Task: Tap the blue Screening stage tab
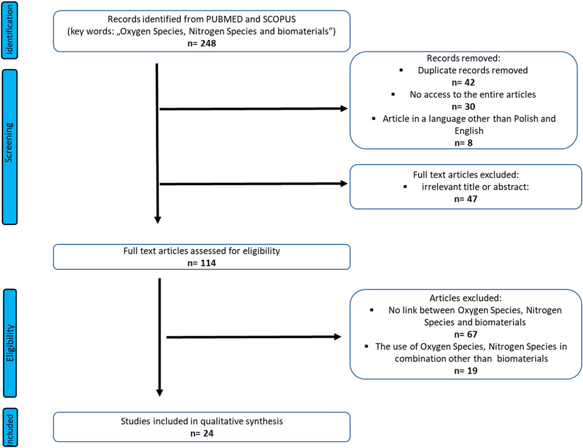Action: pos(9,147)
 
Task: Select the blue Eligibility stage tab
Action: pos(10,343)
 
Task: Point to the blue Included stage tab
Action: pos(10,428)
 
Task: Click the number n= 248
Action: pos(202,44)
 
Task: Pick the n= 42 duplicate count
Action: pos(463,82)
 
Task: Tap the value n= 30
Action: pos(463,106)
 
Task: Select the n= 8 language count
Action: pos(463,143)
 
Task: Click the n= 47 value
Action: pos(466,199)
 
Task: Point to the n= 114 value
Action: pos(202,263)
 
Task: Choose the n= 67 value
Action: pos(466,334)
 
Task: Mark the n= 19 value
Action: pos(466,371)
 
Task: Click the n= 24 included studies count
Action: pos(202,433)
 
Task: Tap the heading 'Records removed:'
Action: pos(463,58)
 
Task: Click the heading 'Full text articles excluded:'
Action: pos(466,175)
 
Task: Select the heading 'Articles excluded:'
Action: pos(466,298)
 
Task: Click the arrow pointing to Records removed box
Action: pos(253,109)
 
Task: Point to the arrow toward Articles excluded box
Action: pos(253,337)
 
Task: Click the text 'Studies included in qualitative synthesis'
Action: pos(202,421)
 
